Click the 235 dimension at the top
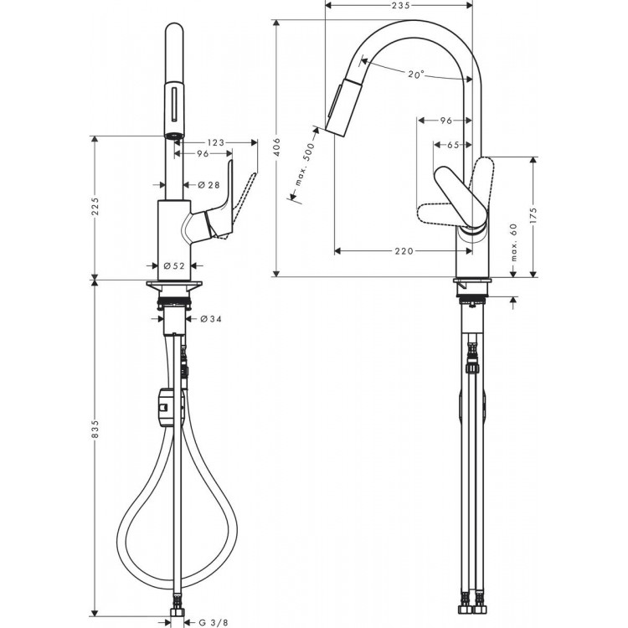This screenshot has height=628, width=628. pyautogui.click(x=399, y=5)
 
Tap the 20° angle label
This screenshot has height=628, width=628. pyautogui.click(x=416, y=75)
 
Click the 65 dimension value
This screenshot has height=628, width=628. pyautogui.click(x=452, y=145)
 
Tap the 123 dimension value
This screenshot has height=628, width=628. pyautogui.click(x=216, y=143)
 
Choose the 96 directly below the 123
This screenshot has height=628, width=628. pyautogui.click(x=202, y=155)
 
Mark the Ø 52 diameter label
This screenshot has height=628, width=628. pyautogui.click(x=173, y=265)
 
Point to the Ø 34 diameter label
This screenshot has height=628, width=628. pyautogui.click(x=212, y=318)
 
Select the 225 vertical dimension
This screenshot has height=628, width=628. pyautogui.click(x=95, y=207)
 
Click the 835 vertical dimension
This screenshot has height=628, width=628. pyautogui.click(x=95, y=427)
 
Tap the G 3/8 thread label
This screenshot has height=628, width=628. pyautogui.click(x=217, y=621)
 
